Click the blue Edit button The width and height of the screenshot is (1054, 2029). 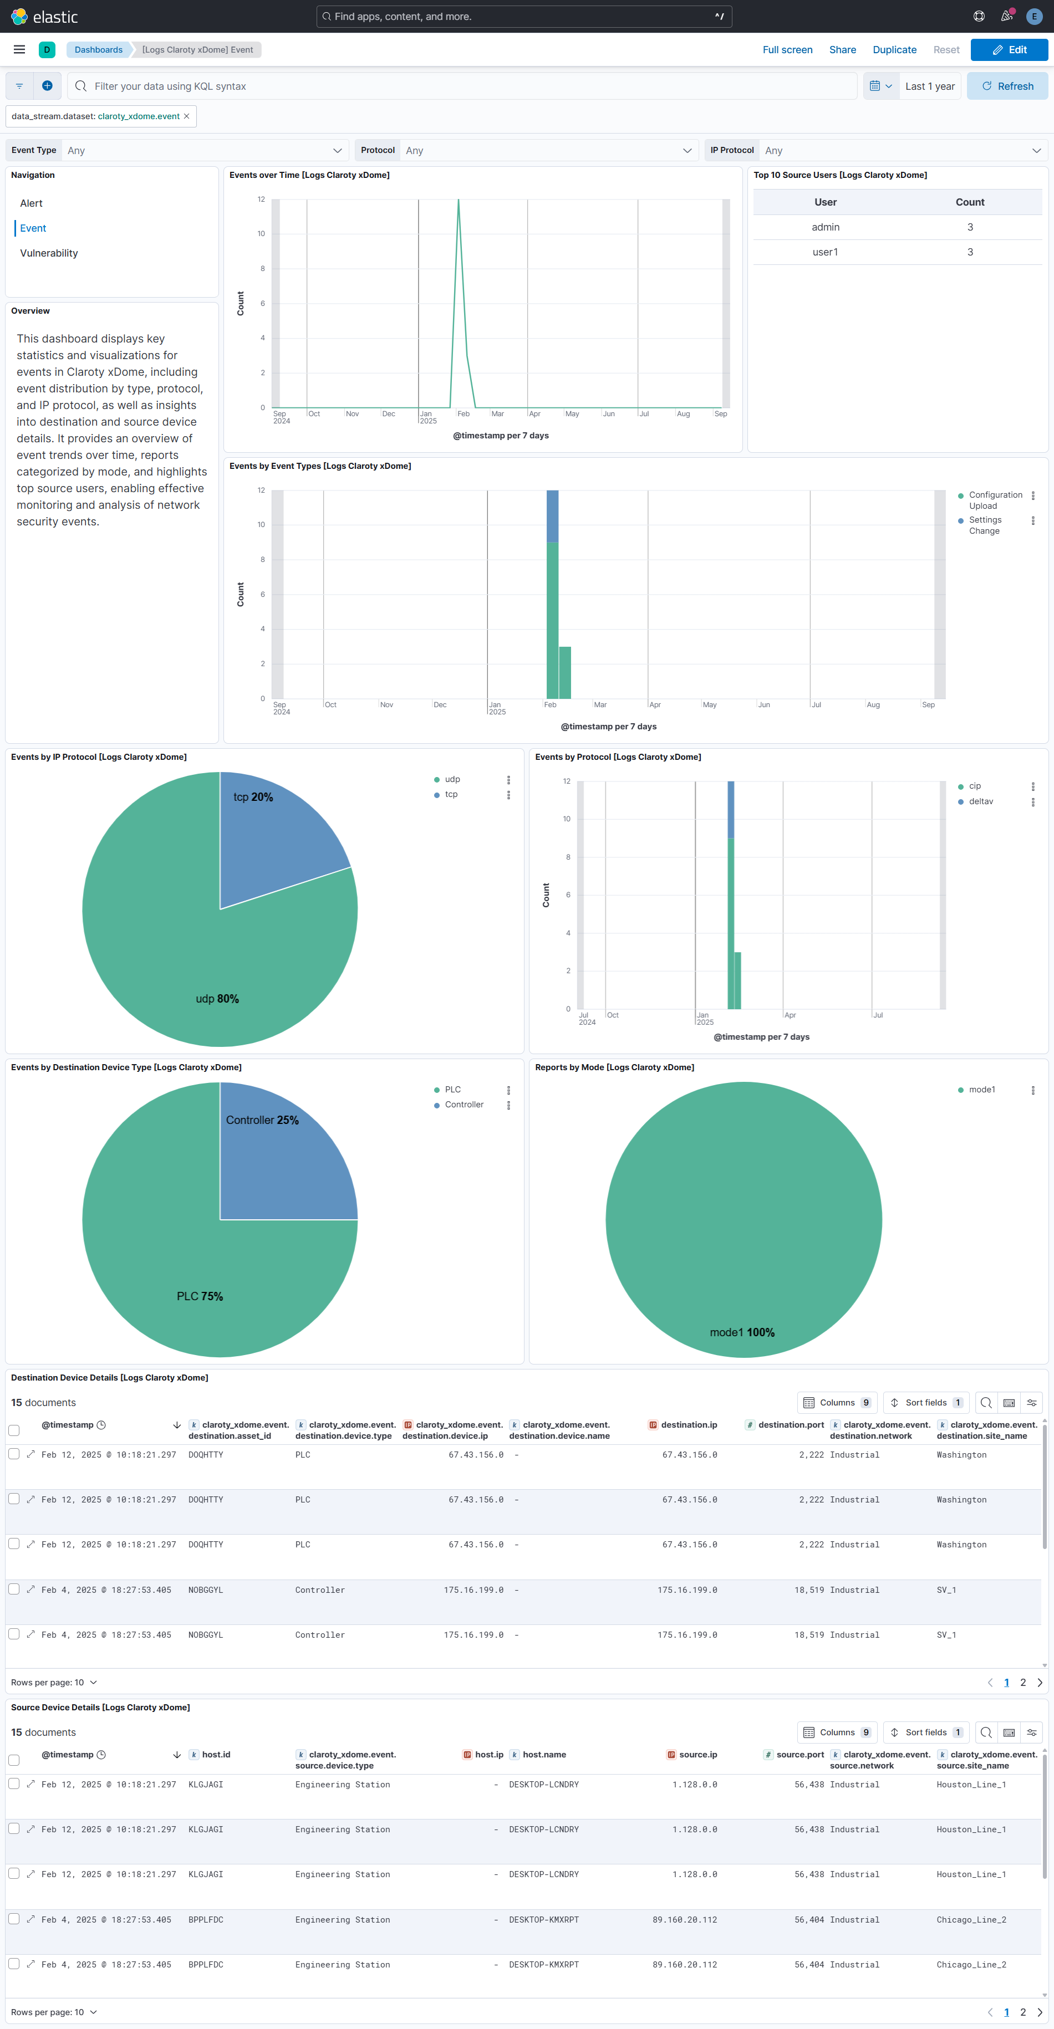[x=1009, y=50]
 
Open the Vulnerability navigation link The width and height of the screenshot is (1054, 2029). [x=49, y=253]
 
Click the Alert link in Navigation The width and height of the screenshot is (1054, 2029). [x=32, y=203]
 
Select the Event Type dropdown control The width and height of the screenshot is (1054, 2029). [x=204, y=150]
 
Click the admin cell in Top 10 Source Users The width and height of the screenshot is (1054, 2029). [x=825, y=227]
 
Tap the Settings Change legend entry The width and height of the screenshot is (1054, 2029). [x=984, y=525]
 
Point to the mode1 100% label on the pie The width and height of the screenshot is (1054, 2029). [x=741, y=1332]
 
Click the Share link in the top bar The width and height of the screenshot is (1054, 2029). [x=842, y=50]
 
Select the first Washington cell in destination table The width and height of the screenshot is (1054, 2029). [x=961, y=1455]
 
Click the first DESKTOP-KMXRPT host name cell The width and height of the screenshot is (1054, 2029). [x=543, y=1919]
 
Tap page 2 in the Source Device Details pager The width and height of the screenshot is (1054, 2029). [x=1022, y=2012]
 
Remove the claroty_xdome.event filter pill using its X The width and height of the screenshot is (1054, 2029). [x=187, y=116]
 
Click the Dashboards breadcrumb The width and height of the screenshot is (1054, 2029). [x=99, y=50]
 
